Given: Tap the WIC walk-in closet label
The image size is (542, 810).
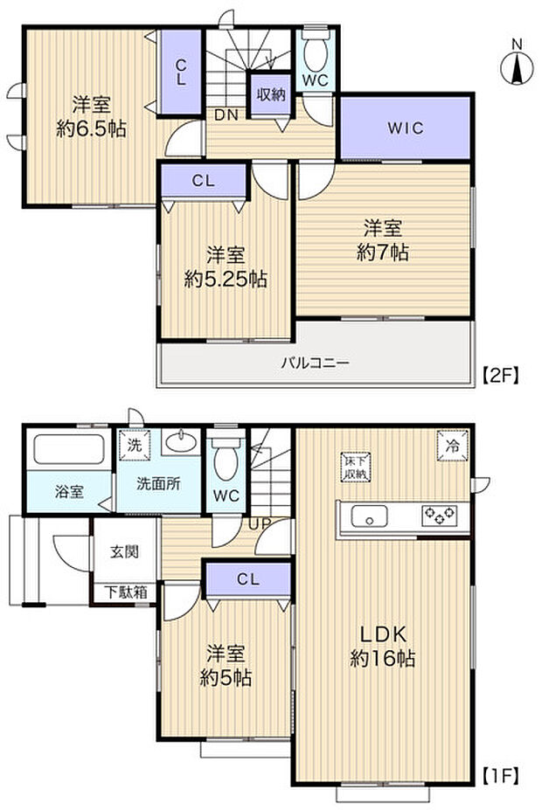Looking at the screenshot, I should (406, 128).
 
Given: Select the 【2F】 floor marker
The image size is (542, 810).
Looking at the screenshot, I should (502, 377).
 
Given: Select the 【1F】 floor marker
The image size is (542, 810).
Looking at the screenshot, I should (502, 774).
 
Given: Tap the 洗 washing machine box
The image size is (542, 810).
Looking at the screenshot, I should (134, 444).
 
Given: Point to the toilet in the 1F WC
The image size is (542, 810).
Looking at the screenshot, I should (226, 454).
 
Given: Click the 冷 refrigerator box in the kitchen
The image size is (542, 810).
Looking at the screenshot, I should (452, 444).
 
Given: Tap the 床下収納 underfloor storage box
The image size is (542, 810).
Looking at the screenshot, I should (355, 467).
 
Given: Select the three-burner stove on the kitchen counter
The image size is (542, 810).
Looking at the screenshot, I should (437, 515).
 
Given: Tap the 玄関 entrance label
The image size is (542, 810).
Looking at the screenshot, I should (122, 552).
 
